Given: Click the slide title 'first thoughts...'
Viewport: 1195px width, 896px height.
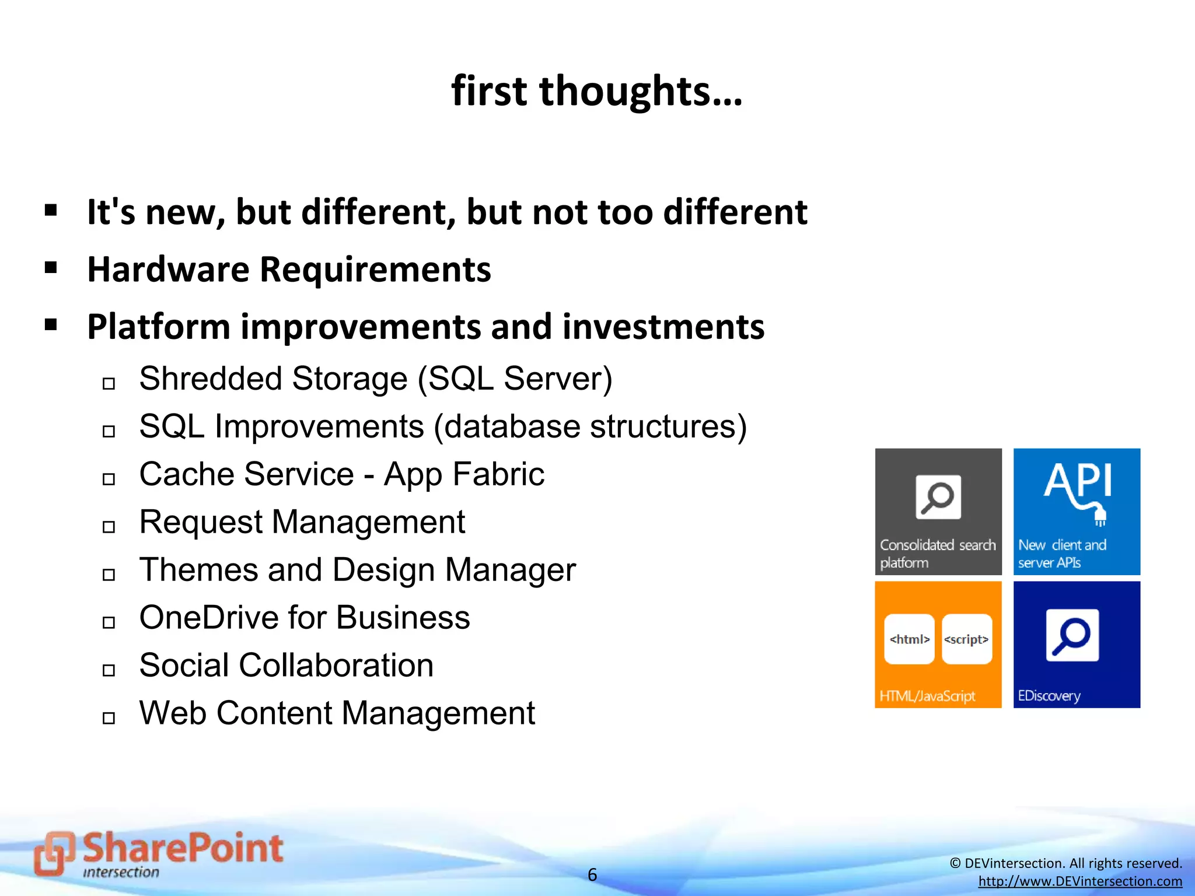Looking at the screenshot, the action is click(x=597, y=92).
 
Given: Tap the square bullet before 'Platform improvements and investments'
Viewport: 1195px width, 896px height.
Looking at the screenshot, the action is click(x=51, y=324).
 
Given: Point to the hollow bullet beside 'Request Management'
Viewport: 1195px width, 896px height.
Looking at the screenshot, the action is click(x=109, y=527).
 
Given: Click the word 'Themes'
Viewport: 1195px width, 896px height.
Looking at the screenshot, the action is click(x=198, y=569).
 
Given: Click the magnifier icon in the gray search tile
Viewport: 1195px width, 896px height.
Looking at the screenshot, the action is click(x=938, y=497).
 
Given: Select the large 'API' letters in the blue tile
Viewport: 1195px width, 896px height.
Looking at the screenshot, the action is click(x=1078, y=482).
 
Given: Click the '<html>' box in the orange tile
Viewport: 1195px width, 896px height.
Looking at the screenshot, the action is click(x=909, y=639).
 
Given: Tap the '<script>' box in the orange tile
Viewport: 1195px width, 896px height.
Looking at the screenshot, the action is click(x=967, y=639).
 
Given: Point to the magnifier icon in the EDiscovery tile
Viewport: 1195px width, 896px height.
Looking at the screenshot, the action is click(x=1072, y=635).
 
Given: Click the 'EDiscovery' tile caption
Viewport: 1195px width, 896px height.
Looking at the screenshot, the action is click(x=1049, y=696).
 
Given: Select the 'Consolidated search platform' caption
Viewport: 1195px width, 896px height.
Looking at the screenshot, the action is click(x=938, y=554).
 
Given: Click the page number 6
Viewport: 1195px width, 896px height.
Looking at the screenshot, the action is click(x=592, y=874).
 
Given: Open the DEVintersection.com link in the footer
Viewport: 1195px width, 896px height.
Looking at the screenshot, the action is click(x=1080, y=881).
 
